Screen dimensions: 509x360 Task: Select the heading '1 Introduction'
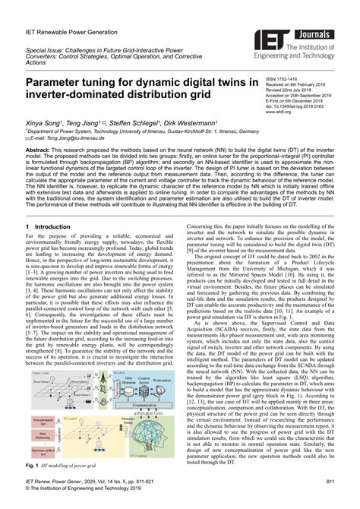(x=45, y=226)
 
